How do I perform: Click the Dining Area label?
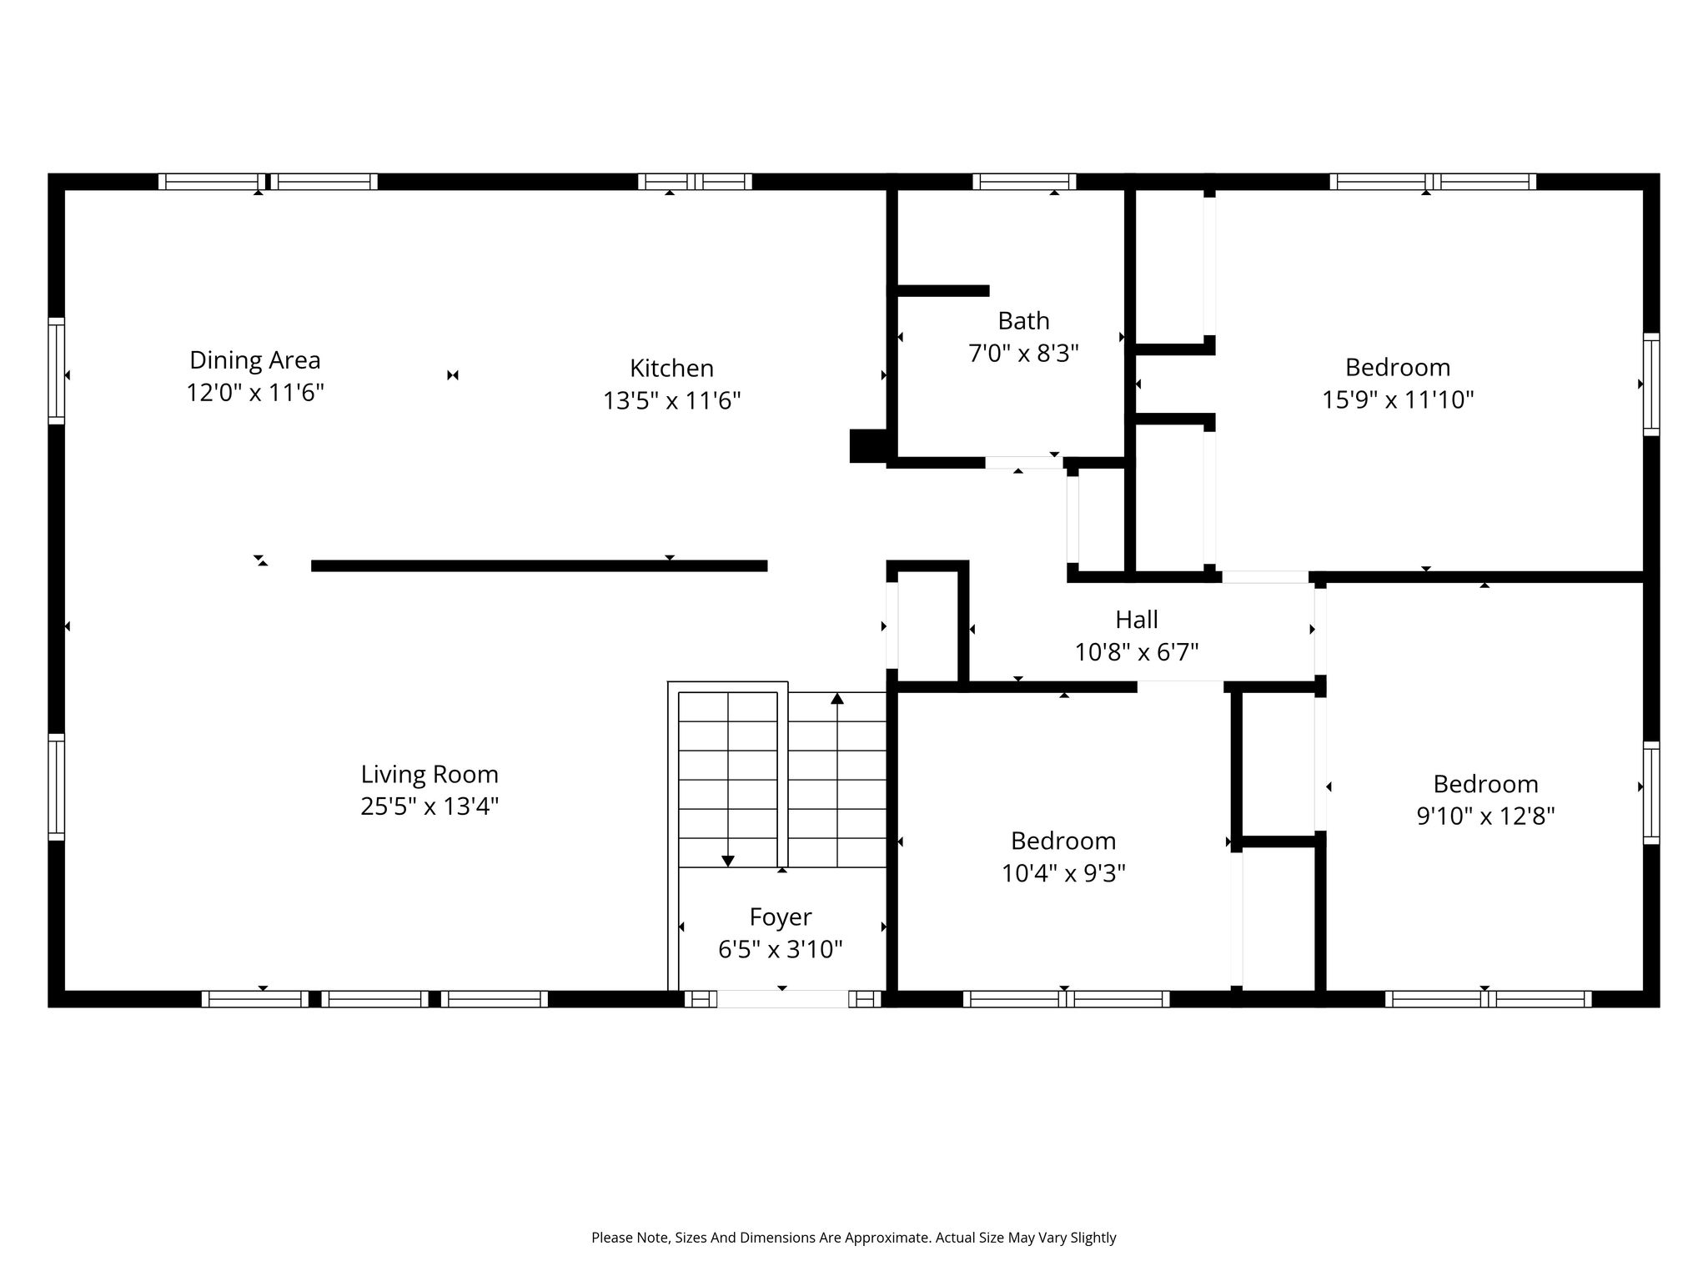[x=254, y=360]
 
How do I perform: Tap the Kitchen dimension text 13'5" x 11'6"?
[x=672, y=401]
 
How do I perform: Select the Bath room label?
[x=1023, y=320]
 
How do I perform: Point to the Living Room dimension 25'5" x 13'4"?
[x=430, y=806]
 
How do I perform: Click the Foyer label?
[x=781, y=917]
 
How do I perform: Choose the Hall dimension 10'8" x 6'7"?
[x=1137, y=651]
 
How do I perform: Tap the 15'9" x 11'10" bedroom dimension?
[x=1398, y=400]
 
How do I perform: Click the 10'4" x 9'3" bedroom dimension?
[x=1063, y=873]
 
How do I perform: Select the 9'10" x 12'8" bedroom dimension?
[x=1485, y=816]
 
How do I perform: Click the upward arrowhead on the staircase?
[x=837, y=698]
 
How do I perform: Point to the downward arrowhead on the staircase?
[x=727, y=861]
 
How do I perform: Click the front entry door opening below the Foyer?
[x=782, y=999]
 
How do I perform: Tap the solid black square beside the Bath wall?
[x=868, y=445]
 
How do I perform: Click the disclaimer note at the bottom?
[x=853, y=1238]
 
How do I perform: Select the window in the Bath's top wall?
[x=1024, y=182]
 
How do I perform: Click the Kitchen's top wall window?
[x=695, y=182]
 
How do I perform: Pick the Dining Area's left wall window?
[x=56, y=370]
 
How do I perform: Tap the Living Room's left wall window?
[x=56, y=786]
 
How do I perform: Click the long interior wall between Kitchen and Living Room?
[x=539, y=565]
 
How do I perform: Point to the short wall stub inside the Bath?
[x=943, y=290]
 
